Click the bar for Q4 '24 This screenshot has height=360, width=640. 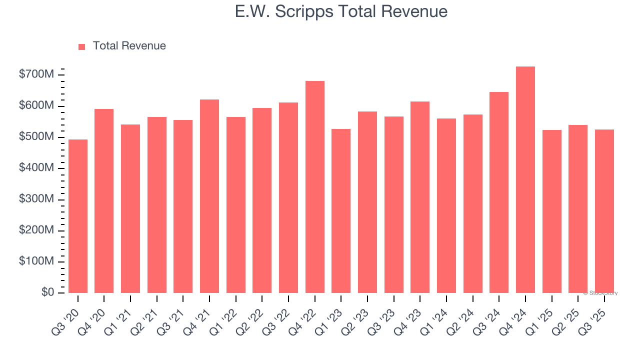coord(525,180)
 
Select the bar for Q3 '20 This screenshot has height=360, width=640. coord(78,216)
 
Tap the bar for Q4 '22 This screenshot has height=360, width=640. coord(315,187)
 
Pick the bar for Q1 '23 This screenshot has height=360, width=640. coord(341,211)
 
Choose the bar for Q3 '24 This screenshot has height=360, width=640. coord(499,192)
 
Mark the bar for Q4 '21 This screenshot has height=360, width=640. coord(209,196)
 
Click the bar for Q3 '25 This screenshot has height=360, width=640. coord(604,211)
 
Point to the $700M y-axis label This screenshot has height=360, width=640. coord(37,75)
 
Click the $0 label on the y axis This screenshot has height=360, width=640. coord(48,292)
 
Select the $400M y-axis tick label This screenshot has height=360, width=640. coord(37,168)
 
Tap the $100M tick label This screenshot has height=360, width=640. coord(37,261)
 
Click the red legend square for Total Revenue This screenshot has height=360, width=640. coord(82,46)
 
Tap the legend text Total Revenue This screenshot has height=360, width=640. coord(129,46)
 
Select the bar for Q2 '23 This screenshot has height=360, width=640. coord(367,202)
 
